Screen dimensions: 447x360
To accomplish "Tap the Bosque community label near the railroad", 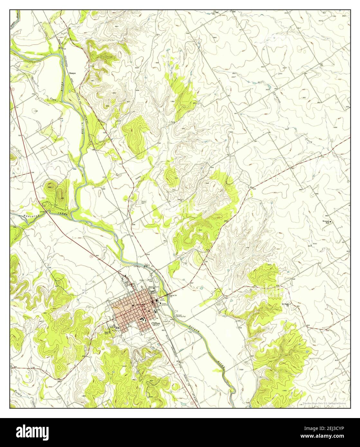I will point(72,73).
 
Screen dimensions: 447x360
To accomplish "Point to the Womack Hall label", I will point(326,222).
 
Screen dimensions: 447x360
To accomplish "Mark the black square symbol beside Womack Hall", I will point(332,222).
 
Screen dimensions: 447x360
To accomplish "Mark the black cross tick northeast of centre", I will point(237,141).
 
